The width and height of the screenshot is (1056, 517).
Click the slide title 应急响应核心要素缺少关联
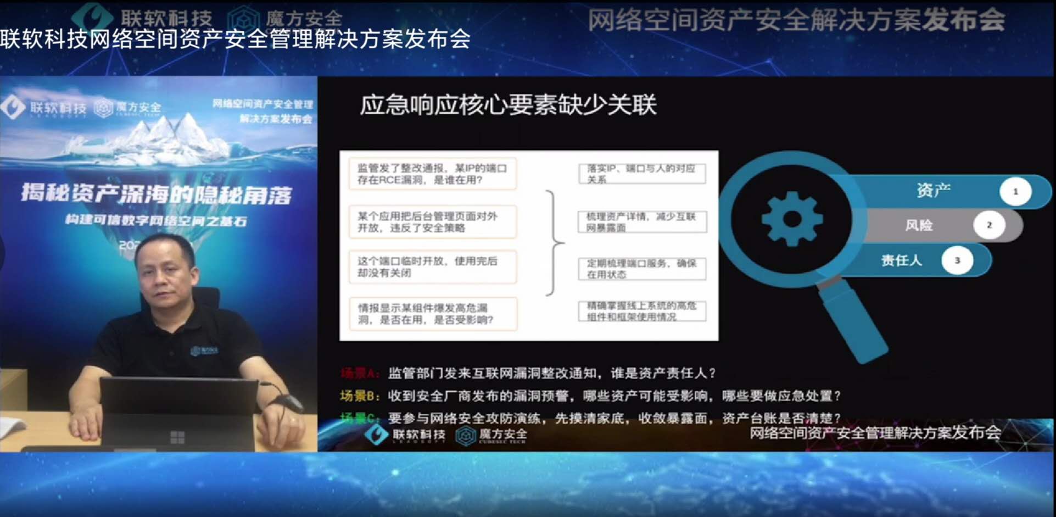(507, 105)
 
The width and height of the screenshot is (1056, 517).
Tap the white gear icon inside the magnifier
(792, 219)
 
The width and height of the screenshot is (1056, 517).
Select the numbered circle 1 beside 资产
(1015, 191)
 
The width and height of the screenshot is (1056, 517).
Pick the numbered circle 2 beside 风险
(989, 225)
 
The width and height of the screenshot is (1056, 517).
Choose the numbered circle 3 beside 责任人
(957, 260)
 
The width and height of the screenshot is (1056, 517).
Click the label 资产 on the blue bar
(933, 191)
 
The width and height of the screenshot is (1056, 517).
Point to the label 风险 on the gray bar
(919, 225)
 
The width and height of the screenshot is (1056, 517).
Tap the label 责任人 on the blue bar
(901, 260)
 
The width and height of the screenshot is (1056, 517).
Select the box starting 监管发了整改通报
(432, 174)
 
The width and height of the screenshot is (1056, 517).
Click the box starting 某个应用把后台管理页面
(432, 221)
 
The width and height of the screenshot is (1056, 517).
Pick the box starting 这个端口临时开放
(432, 267)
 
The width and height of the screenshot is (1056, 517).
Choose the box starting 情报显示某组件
(432, 314)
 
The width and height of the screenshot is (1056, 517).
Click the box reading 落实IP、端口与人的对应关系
(641, 174)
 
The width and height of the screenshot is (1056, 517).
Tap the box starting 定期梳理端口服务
(641, 269)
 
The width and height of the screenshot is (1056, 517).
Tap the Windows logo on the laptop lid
(177, 437)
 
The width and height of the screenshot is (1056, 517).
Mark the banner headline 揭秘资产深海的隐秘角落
(157, 194)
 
